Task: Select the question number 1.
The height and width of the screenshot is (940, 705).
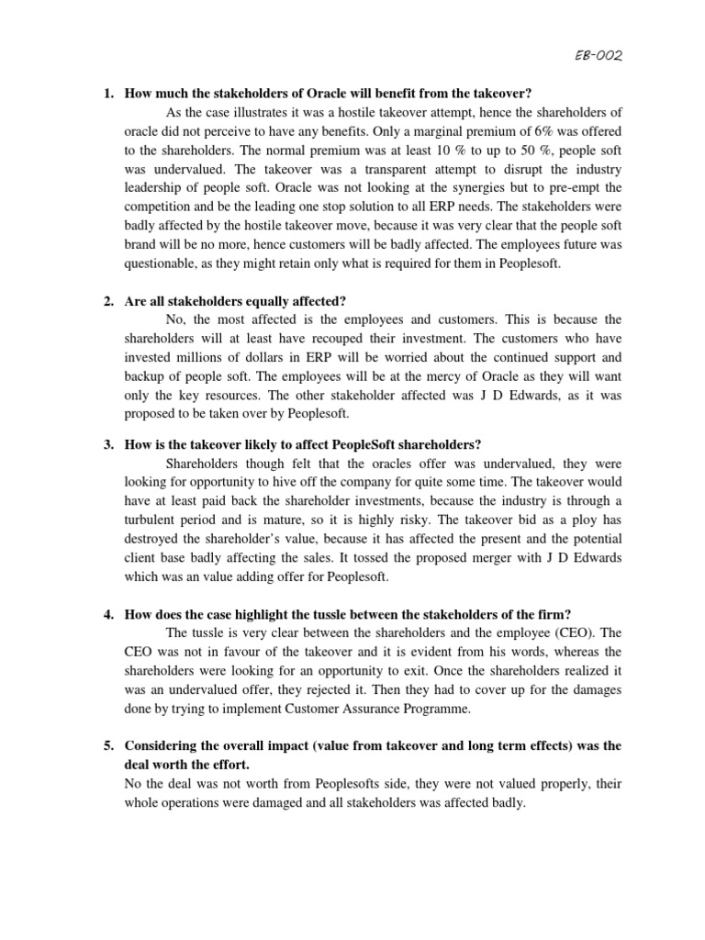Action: tap(106, 93)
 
